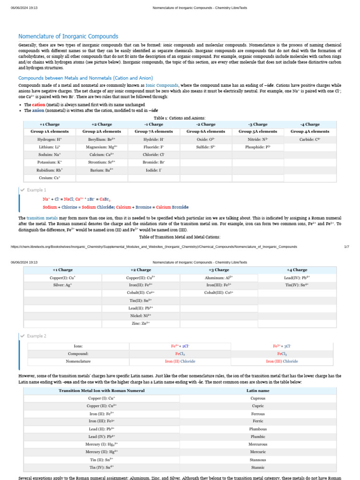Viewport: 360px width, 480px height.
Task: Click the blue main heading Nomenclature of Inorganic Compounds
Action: click(x=68, y=37)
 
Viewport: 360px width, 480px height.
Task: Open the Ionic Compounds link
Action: click(x=162, y=85)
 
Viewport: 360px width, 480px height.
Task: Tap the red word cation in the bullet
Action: click(x=38, y=105)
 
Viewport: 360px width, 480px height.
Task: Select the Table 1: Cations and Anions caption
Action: click(x=180, y=118)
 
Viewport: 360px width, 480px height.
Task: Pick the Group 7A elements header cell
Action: click(x=154, y=132)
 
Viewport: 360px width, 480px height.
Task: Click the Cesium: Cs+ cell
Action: click(x=50, y=178)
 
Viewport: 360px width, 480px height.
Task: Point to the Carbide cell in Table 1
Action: click(x=310, y=139)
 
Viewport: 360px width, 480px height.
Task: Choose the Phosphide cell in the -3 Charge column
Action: click(x=258, y=147)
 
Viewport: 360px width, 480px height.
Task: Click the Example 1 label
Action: click(x=36, y=190)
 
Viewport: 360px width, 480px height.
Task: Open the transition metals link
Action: click(x=42, y=218)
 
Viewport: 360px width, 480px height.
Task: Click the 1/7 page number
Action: click(x=346, y=247)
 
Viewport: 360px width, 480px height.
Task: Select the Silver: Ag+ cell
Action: click(x=62, y=285)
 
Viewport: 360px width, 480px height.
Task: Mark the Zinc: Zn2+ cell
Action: click(x=141, y=323)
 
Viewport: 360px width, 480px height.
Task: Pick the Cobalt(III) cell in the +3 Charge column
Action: click(x=219, y=292)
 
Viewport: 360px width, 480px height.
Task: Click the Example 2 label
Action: click(x=36, y=336)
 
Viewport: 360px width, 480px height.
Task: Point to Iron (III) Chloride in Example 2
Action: click(x=282, y=361)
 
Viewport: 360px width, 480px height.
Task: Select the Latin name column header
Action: click(x=258, y=390)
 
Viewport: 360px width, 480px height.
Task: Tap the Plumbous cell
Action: click(x=258, y=429)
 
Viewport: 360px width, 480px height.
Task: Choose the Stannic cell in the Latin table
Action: click(x=258, y=467)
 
